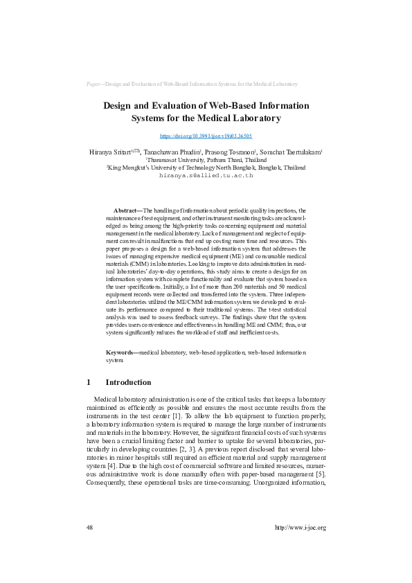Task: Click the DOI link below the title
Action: click(206, 136)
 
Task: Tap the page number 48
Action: click(90, 527)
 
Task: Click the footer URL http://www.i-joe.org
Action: click(300, 527)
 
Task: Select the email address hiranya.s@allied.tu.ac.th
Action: click(206, 176)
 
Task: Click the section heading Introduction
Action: click(128, 382)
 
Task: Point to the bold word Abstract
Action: click(126, 210)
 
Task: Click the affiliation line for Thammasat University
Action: click(206, 159)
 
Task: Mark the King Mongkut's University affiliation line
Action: click(206, 167)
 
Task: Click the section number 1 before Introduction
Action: click(89, 382)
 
